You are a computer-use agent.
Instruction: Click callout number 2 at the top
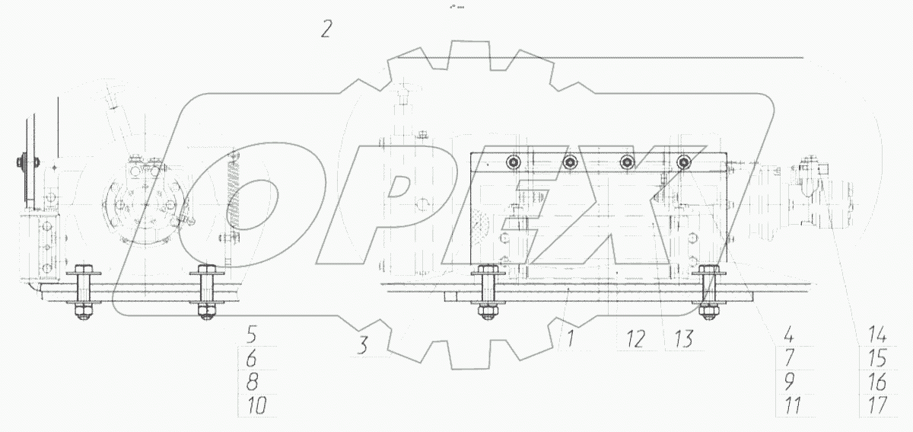326,30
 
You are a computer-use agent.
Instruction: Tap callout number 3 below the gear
362,345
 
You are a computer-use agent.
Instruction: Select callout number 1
571,339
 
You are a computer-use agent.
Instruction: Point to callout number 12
635,339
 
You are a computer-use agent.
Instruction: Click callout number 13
683,339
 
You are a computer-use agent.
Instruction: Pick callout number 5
252,334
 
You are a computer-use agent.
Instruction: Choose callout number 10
258,405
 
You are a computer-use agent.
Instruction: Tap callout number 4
789,334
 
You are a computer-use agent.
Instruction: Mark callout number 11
793,405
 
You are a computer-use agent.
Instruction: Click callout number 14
877,334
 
